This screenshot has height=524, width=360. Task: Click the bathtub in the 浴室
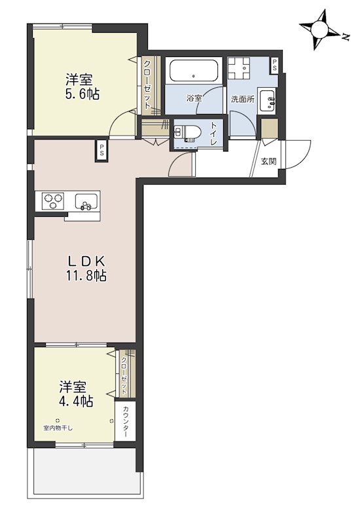tap(194, 71)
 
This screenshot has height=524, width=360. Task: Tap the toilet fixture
tap(187, 132)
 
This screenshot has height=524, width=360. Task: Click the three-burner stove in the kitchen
tap(53, 201)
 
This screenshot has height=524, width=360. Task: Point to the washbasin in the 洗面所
tap(268, 100)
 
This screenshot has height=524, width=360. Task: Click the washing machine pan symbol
tap(238, 68)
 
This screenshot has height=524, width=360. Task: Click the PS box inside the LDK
tap(101, 151)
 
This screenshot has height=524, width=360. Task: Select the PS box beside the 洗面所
tap(274, 65)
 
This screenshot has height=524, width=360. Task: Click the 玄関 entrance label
tap(269, 161)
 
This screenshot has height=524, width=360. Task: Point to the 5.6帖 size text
tap(82, 95)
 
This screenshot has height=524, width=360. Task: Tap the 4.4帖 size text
tap(76, 401)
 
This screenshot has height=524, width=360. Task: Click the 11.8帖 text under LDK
tap(86, 276)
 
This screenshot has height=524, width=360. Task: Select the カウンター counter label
tap(126, 421)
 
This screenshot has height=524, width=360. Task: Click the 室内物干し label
tap(58, 428)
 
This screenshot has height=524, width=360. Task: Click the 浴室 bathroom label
tap(194, 99)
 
